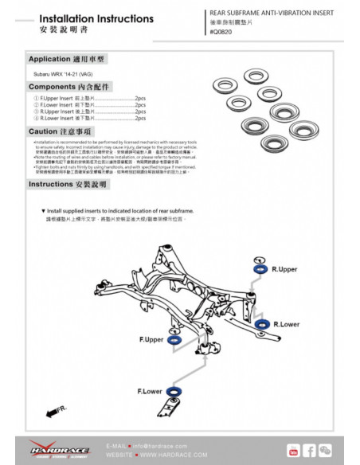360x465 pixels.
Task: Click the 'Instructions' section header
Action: click(x=68, y=184)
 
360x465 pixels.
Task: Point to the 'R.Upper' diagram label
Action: click(x=284, y=270)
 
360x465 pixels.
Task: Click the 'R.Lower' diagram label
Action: click(x=286, y=325)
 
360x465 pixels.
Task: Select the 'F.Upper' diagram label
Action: click(x=151, y=340)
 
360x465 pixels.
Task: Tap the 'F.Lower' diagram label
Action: click(x=150, y=392)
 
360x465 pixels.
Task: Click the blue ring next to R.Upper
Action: click(x=259, y=272)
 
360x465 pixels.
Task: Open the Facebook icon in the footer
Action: click(x=309, y=451)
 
